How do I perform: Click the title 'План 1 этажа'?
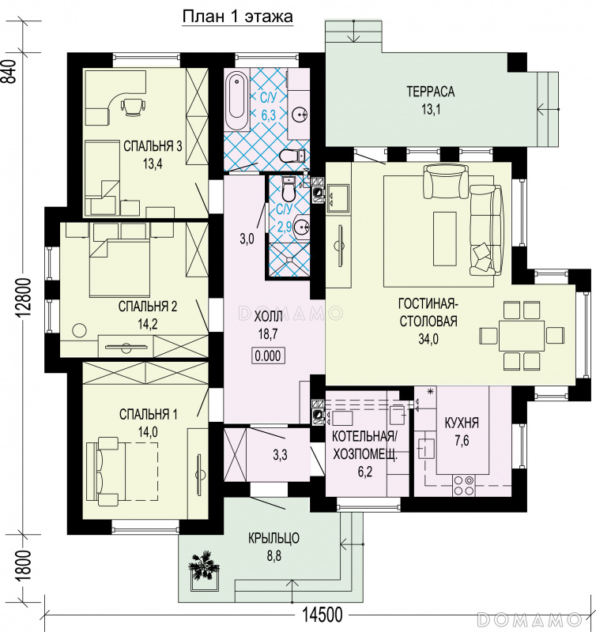[x=237, y=17]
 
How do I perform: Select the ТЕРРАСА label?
[x=430, y=92]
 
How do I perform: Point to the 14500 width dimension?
[x=323, y=615]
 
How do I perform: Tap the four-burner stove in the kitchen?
[x=463, y=485]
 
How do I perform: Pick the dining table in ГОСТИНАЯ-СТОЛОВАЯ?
[x=522, y=335]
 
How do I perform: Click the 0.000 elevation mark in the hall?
[x=268, y=355]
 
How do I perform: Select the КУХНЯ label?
[x=462, y=423]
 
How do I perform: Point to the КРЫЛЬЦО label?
[x=273, y=538]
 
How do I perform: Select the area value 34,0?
[x=428, y=340]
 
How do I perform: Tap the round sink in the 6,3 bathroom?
[x=300, y=115]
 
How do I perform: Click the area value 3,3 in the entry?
[x=280, y=455]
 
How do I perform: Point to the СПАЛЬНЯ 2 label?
[x=148, y=307]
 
